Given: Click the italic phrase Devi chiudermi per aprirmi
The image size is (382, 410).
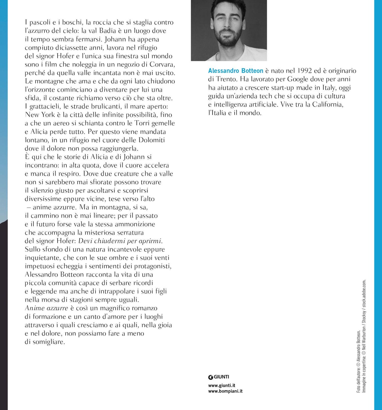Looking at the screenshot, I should coord(120,241).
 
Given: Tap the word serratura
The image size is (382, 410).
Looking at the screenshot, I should coord(130,233).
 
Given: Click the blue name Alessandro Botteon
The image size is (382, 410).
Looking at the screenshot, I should coord(236,71).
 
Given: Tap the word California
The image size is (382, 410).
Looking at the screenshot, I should coord(328,105).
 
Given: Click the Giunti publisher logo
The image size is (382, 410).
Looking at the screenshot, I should coord(219,377).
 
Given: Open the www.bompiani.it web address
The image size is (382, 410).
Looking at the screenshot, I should coord(225,391).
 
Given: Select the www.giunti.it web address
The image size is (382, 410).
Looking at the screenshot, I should coord(222,385).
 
